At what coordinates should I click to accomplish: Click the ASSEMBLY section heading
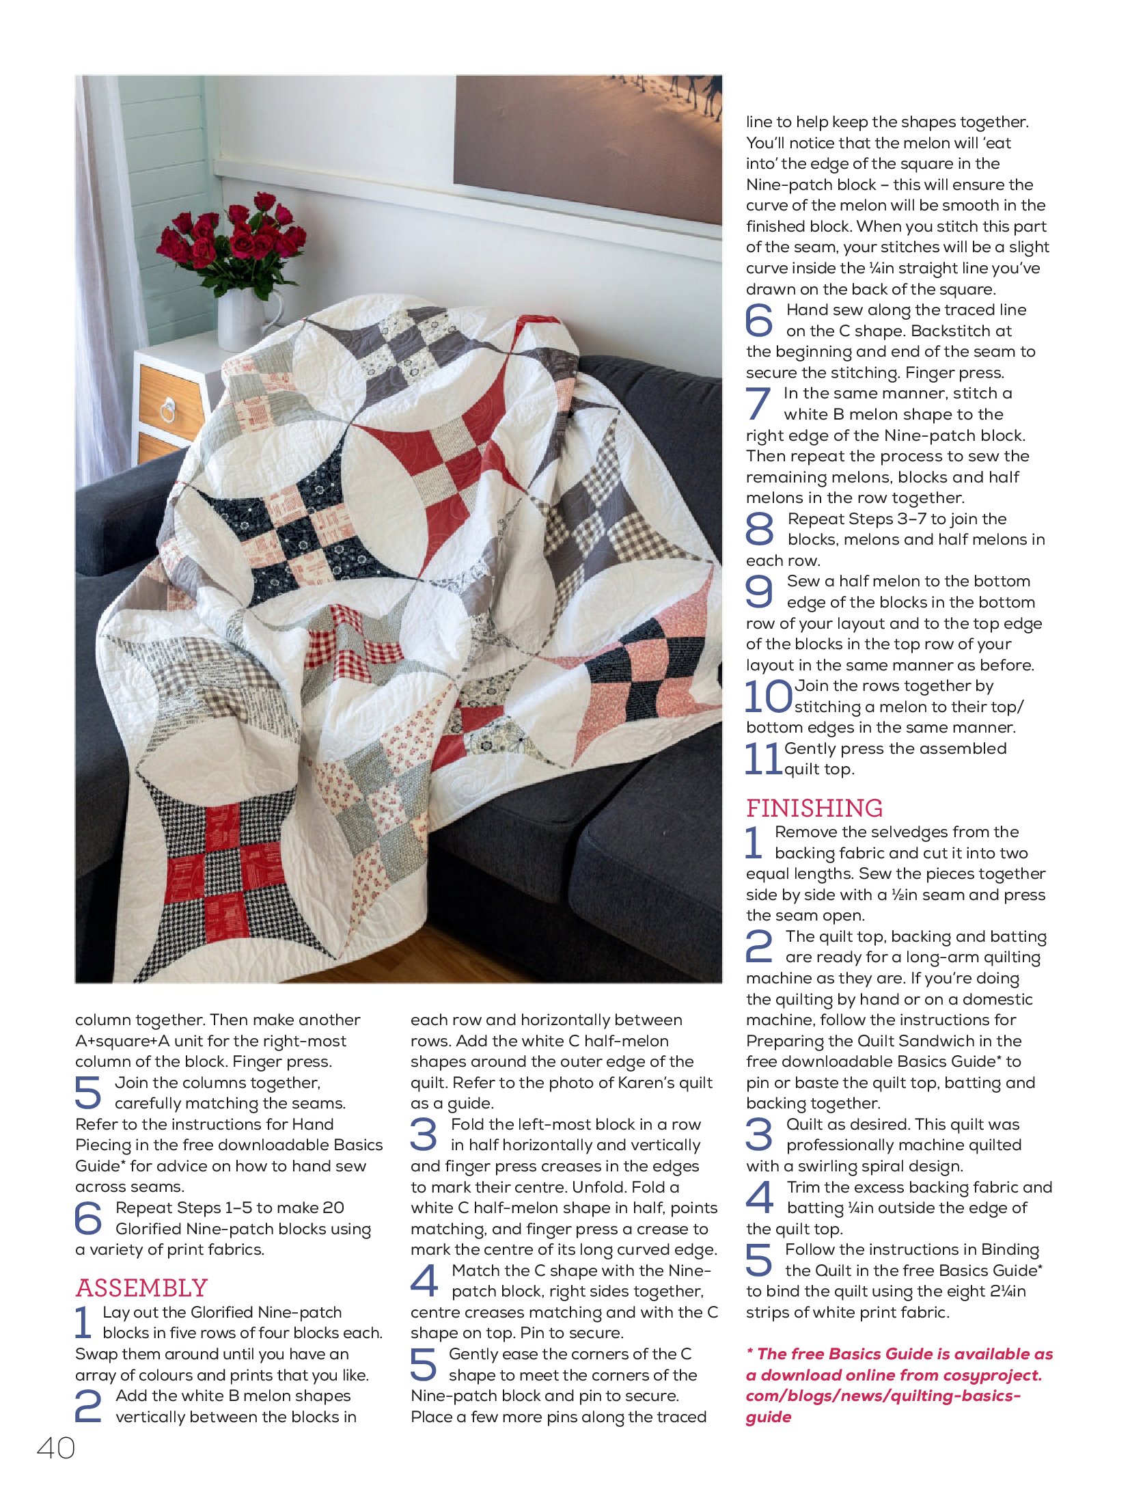pyautogui.click(x=141, y=1288)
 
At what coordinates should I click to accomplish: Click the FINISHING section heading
pyautogui.click(x=814, y=808)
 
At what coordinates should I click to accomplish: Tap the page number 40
pyautogui.click(x=56, y=1448)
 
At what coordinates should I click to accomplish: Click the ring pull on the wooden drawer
pyautogui.click(x=167, y=411)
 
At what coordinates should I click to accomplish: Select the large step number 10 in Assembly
pyautogui.click(x=768, y=696)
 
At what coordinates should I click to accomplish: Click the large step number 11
pyautogui.click(x=762, y=759)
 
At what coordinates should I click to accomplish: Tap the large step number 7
pyautogui.click(x=758, y=403)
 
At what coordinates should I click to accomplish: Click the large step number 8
pyautogui.click(x=759, y=529)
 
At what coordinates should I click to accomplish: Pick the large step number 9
pyautogui.click(x=759, y=591)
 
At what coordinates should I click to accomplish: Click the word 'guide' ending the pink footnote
pyautogui.click(x=768, y=1417)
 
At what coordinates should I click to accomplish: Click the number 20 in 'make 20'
pyautogui.click(x=332, y=1208)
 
